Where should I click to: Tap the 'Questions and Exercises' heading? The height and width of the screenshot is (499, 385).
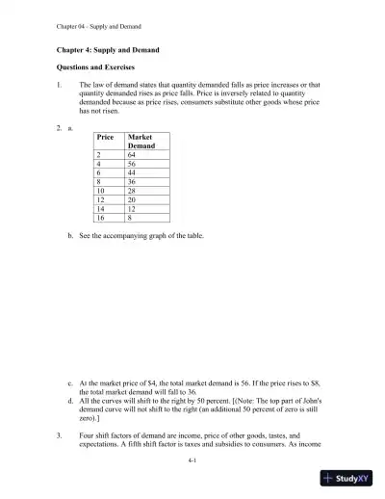(100, 67)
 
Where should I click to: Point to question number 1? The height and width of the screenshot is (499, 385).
(59, 86)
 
